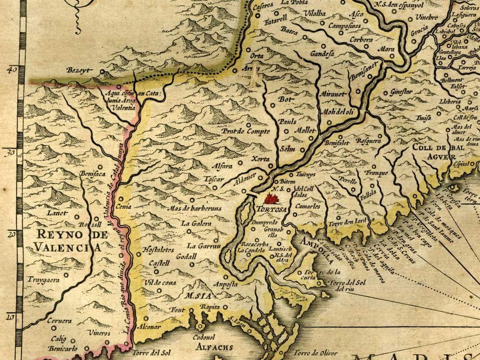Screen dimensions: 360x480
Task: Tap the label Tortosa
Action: (x=272, y=208)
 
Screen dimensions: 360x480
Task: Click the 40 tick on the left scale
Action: (x=12, y=69)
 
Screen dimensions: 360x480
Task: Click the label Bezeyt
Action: (x=78, y=70)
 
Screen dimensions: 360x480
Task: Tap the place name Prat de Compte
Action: (x=245, y=131)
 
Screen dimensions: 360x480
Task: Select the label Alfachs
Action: (x=215, y=347)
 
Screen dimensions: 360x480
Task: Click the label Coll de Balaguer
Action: (x=435, y=151)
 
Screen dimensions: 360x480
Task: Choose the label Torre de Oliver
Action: (x=316, y=352)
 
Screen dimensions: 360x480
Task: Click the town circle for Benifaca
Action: (x=100, y=167)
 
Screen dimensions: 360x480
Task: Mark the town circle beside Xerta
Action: (x=270, y=166)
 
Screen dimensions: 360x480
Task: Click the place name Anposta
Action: (x=226, y=284)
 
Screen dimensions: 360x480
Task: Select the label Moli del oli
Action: (x=338, y=111)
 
